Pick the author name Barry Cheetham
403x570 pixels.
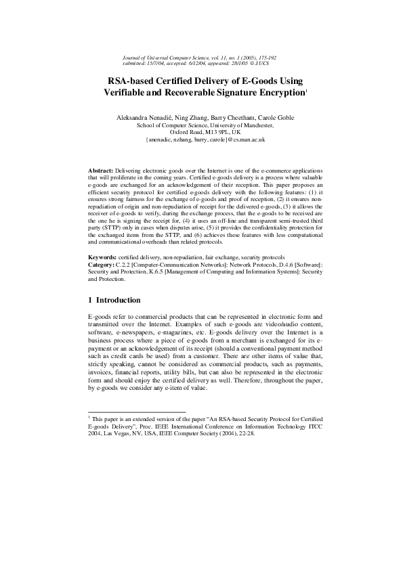coord(226,118)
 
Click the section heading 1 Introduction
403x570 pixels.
coord(115,299)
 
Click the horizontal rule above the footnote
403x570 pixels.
coord(137,411)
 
